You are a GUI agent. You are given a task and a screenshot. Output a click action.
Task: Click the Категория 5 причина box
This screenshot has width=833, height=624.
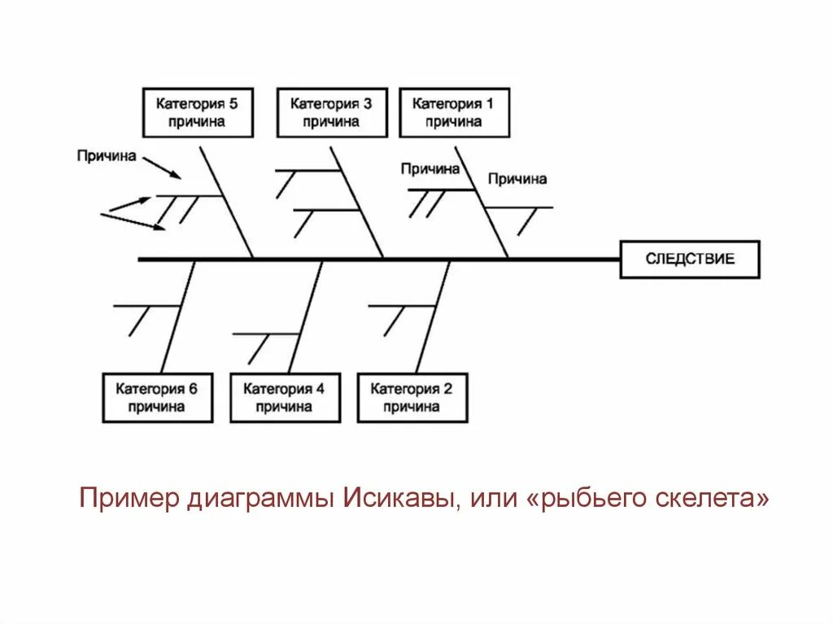click(198, 112)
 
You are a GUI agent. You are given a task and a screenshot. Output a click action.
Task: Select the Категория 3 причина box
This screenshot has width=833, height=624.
click(331, 112)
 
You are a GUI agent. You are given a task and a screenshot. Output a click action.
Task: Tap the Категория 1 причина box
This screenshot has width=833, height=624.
click(454, 112)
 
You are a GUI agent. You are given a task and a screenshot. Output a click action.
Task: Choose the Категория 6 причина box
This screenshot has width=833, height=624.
click(156, 398)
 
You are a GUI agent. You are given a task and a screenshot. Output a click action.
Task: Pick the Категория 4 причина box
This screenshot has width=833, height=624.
click(285, 398)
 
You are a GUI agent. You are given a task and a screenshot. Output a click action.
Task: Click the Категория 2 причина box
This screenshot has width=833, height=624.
click(412, 398)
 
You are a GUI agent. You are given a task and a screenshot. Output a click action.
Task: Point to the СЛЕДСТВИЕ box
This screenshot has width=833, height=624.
click(690, 259)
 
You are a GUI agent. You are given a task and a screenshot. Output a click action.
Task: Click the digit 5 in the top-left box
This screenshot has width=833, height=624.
click(233, 104)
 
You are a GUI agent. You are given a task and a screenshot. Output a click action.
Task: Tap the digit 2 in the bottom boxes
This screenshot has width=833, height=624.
click(447, 389)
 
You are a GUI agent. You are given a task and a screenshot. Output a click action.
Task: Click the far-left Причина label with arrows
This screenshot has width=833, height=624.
click(107, 155)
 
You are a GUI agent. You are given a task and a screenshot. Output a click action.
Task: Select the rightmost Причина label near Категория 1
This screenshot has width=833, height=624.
click(517, 179)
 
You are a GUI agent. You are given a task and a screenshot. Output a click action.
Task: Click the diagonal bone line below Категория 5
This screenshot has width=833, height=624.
click(228, 203)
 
